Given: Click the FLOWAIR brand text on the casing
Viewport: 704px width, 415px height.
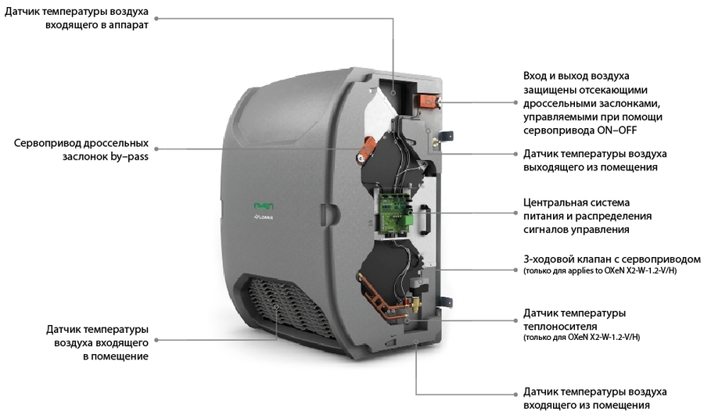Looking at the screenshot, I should [x=262, y=220].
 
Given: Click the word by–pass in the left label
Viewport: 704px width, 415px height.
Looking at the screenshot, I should [x=129, y=156].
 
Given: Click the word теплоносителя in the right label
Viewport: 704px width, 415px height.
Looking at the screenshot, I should [x=562, y=326].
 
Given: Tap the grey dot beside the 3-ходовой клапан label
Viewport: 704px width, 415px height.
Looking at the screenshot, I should [x=514, y=265].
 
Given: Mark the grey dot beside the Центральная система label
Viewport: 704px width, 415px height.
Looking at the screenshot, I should [x=514, y=213].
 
